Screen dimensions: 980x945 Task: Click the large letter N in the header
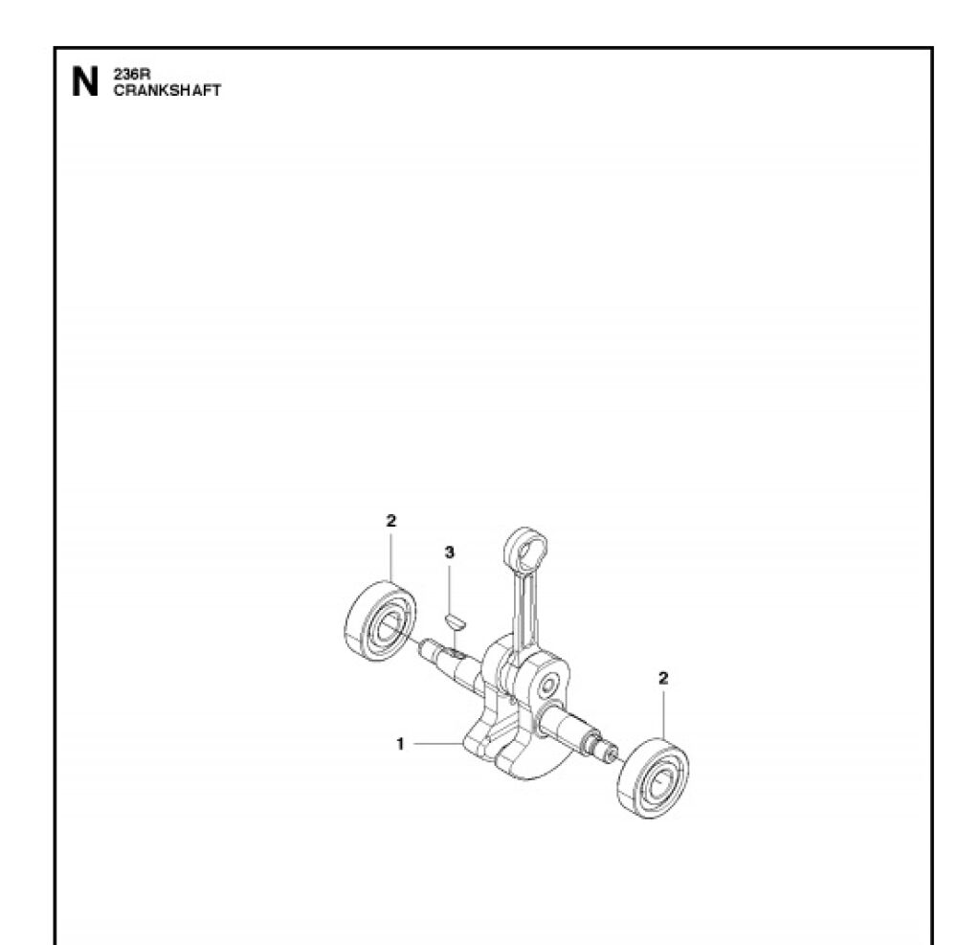click(85, 82)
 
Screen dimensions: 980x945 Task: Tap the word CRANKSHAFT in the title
click(167, 90)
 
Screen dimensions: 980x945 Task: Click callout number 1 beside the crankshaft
click(401, 744)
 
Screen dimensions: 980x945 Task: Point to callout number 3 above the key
click(450, 552)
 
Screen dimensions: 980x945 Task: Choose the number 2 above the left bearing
click(390, 520)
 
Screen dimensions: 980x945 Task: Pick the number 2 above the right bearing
click(663, 678)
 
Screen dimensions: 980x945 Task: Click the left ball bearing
click(380, 621)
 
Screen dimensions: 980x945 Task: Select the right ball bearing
click(653, 778)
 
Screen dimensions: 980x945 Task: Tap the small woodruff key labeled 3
click(455, 622)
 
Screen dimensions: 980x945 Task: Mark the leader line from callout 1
click(438, 744)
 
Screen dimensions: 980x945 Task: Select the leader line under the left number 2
click(391, 555)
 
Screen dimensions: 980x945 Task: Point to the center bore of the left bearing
click(389, 624)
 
